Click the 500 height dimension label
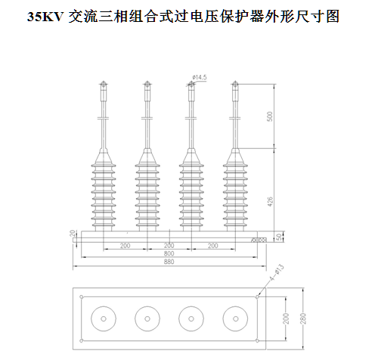[x=270, y=116]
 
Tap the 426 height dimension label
[x=270, y=202]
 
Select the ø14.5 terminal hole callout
[x=200, y=77]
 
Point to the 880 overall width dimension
[x=169, y=262]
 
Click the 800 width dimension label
[x=169, y=253]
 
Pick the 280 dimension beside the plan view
[x=303, y=318]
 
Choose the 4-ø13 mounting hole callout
[x=277, y=273]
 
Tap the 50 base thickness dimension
[x=279, y=237]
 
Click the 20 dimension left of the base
[x=73, y=234]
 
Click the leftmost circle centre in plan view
[x=104, y=319]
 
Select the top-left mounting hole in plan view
[x=82, y=297]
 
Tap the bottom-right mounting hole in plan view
[x=257, y=341]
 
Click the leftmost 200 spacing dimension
[x=125, y=245]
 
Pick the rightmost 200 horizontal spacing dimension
[x=213, y=245]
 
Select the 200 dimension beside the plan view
[x=286, y=318]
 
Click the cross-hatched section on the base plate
[x=259, y=240]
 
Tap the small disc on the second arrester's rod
[x=147, y=118]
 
